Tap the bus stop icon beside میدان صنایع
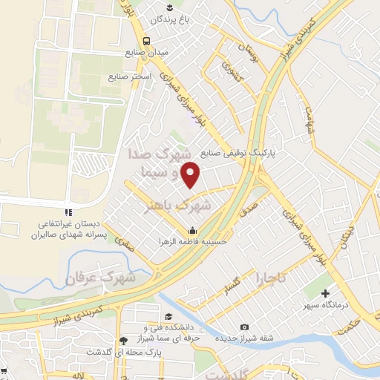point(147,40)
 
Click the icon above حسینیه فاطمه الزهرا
point(193,229)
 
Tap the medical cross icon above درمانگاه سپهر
point(324,292)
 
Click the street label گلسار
point(232,285)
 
